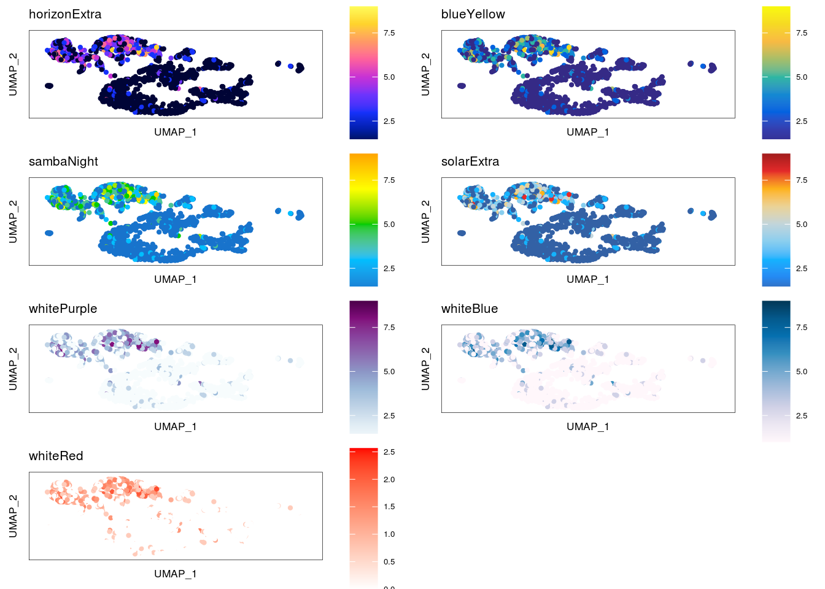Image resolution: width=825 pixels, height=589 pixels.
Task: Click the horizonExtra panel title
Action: (65, 14)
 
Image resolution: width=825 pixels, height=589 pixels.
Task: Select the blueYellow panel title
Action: (473, 14)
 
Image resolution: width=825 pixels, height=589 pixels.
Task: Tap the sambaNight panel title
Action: (63, 161)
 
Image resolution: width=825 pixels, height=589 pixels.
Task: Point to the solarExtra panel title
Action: (470, 161)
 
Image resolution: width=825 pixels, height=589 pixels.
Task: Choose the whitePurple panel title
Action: (63, 309)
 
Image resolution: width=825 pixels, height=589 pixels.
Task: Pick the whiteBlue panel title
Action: (470, 309)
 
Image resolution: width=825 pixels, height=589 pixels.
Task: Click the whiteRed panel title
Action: (56, 456)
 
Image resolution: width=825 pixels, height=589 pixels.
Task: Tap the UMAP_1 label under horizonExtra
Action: (176, 132)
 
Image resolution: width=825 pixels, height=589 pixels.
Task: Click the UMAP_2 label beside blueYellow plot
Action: (425, 74)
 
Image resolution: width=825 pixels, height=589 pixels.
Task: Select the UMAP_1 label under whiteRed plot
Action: (176, 574)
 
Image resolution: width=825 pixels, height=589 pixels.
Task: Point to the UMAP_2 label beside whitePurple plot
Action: (13, 369)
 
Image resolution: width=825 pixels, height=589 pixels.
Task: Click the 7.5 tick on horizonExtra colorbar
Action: (389, 33)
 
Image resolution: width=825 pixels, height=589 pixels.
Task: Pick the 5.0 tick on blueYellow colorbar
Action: (802, 77)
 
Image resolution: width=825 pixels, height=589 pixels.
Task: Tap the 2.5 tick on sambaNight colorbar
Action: (389, 269)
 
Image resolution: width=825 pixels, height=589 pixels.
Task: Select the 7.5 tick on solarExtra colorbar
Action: (802, 180)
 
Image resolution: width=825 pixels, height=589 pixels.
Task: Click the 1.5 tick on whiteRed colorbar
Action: (389, 507)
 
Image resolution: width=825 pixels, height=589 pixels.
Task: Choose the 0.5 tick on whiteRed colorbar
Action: (389, 562)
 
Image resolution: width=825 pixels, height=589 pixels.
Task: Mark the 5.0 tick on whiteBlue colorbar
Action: (802, 372)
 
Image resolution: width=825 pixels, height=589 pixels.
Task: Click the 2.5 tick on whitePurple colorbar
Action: (389, 416)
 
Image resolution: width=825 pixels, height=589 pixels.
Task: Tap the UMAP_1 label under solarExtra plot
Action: (588, 279)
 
